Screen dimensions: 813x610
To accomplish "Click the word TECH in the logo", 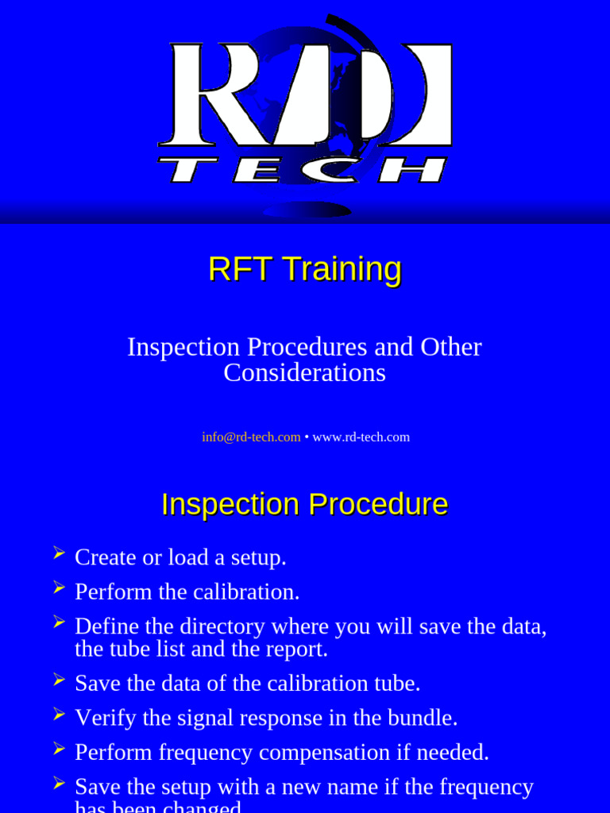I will tap(303, 170).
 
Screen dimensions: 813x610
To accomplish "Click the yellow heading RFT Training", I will tap(304, 268).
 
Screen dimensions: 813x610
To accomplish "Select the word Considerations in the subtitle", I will tap(304, 372).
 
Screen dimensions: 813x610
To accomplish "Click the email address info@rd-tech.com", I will tap(251, 437).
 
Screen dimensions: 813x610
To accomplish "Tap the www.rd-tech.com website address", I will tap(361, 437).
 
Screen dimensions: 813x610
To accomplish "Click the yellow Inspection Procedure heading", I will tap(304, 504).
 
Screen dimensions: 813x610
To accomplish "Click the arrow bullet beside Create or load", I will tap(59, 553).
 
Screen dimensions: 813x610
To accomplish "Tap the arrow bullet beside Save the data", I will tap(59, 679).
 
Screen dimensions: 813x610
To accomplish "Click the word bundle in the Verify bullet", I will tap(425, 718).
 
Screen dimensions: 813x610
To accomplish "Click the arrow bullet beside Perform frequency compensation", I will tap(59, 748).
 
